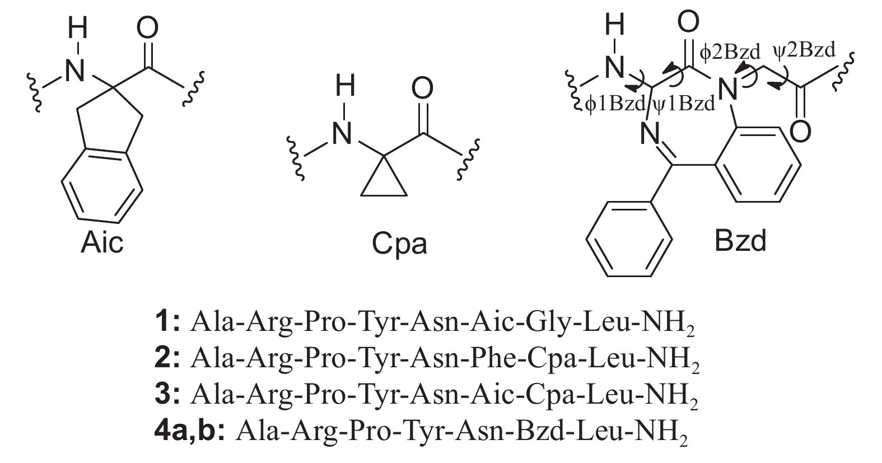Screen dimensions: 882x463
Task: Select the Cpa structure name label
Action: pos(399,244)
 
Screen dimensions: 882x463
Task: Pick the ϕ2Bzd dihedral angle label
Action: pos(732,52)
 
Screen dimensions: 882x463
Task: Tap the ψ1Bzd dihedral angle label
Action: pos(684,104)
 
